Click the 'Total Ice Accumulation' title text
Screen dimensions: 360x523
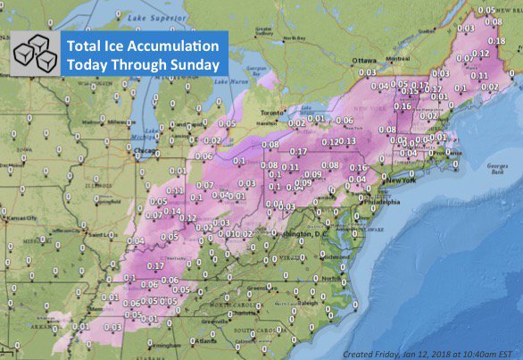[x=142, y=46]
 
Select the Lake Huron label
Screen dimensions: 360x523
[x=236, y=81]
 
